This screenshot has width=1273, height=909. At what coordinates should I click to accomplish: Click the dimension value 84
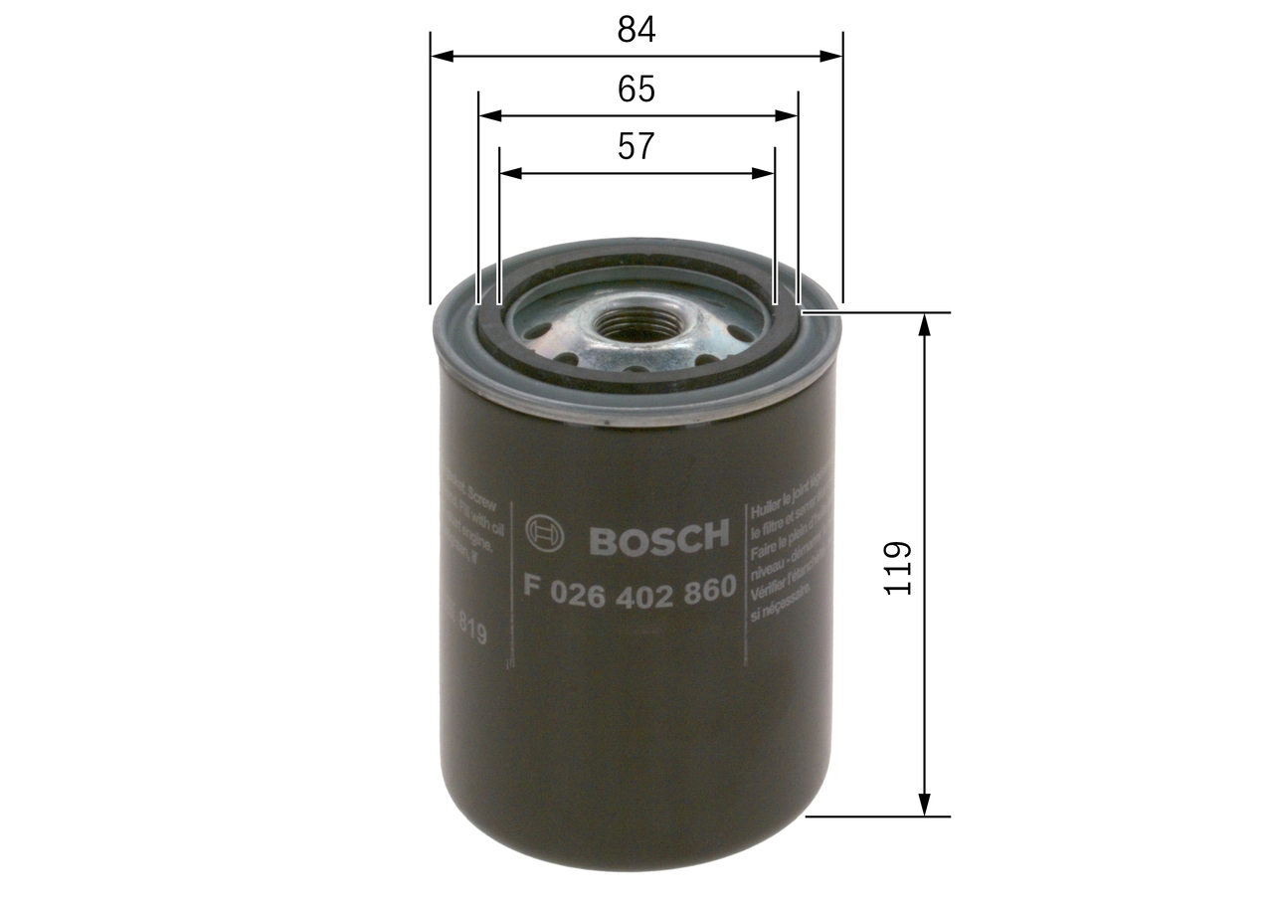636,30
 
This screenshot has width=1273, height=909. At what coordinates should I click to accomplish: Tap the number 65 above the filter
636,90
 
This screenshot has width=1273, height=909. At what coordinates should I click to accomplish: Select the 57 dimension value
636,147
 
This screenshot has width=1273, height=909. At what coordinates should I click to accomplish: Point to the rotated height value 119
898,568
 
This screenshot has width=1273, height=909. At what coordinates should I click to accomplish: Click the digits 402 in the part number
643,588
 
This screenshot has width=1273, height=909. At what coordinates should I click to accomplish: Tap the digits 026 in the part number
582,588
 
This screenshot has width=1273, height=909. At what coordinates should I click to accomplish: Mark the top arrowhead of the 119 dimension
926,324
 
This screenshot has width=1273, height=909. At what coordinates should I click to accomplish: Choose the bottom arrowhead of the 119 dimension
926,805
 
